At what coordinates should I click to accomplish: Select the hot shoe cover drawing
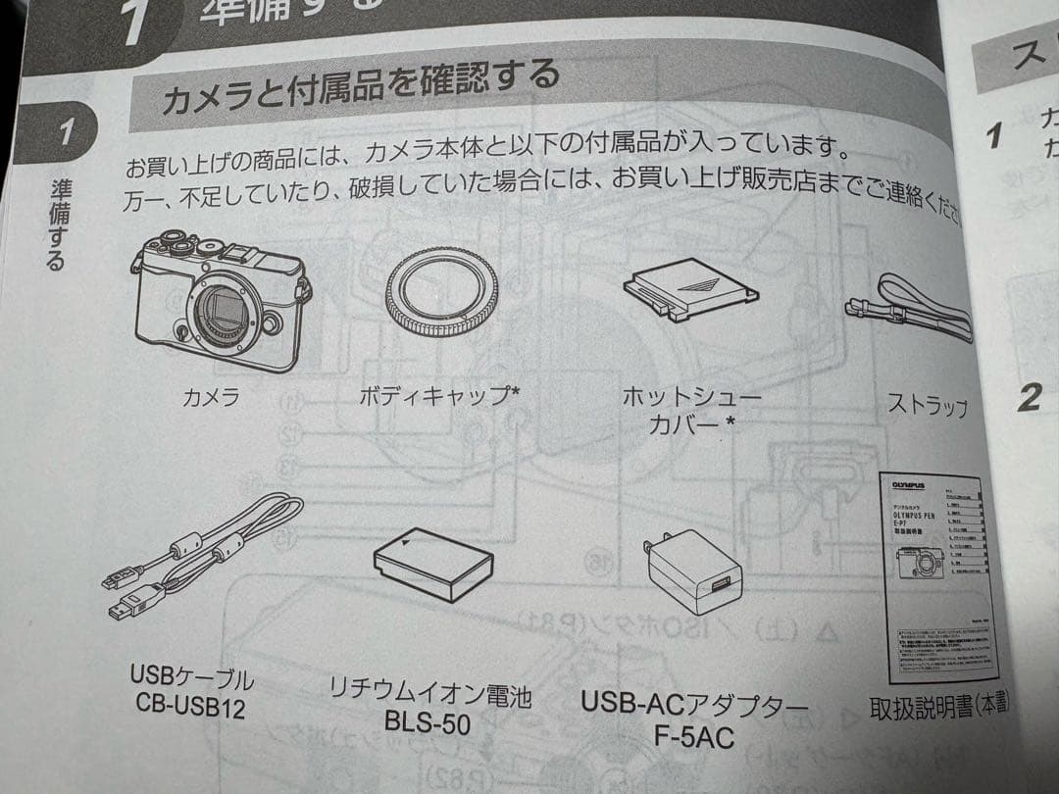point(690,291)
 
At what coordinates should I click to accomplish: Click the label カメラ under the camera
point(211,397)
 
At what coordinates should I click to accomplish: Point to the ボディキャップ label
point(440,396)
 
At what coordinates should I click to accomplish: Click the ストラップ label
point(927,405)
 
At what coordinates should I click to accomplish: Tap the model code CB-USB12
point(191,704)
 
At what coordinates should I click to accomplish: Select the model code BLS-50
point(428,724)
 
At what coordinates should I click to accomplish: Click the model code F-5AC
point(697,736)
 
